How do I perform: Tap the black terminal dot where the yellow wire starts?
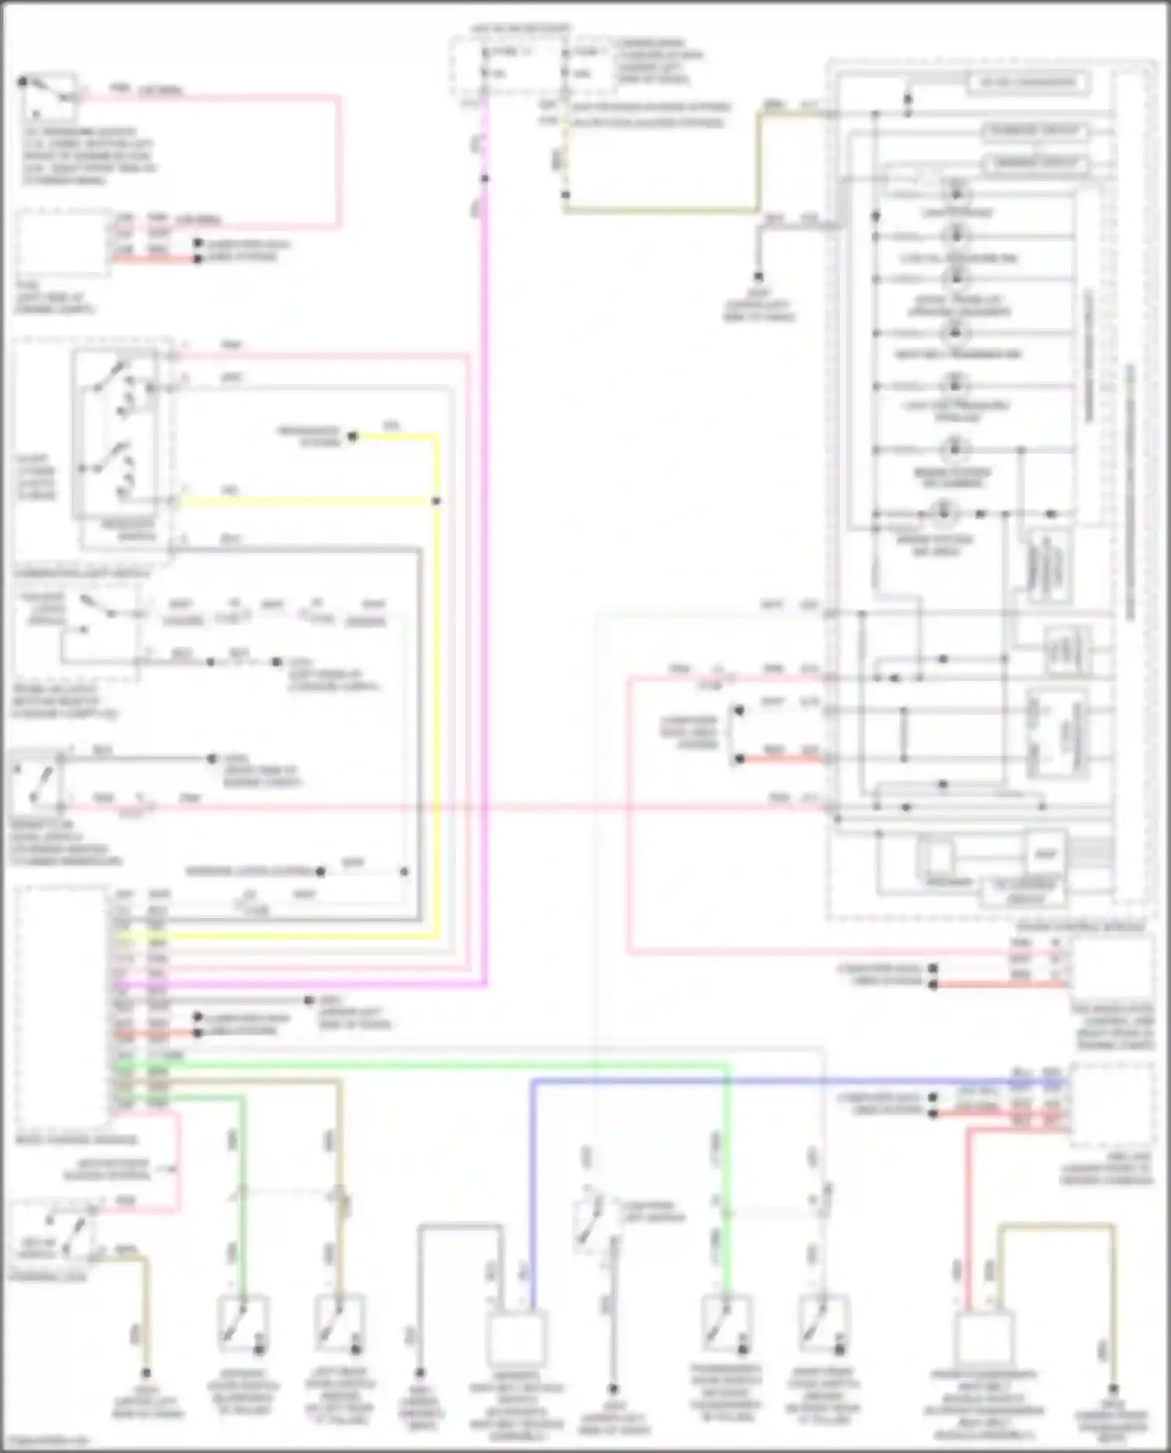pyautogui.click(x=353, y=436)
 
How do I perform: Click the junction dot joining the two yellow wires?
pyautogui.click(x=436, y=501)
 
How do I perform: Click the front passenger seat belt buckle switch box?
pyautogui.click(x=985, y=1337)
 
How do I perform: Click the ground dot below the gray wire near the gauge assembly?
pyautogui.click(x=758, y=276)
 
